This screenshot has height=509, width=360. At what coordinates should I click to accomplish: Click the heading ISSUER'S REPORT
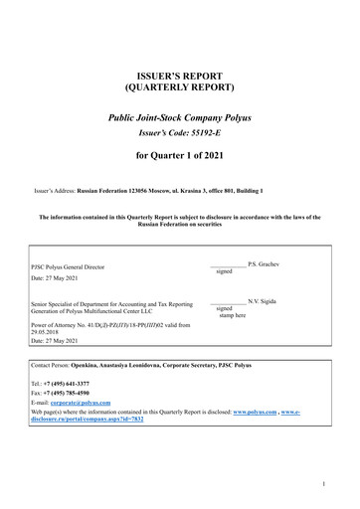180,76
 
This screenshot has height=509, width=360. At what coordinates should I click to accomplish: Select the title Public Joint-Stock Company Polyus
180,117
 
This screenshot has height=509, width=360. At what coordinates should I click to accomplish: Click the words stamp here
233,316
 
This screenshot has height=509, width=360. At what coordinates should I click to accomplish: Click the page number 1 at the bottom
339,484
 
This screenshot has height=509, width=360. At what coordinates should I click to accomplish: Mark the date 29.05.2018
48,332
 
